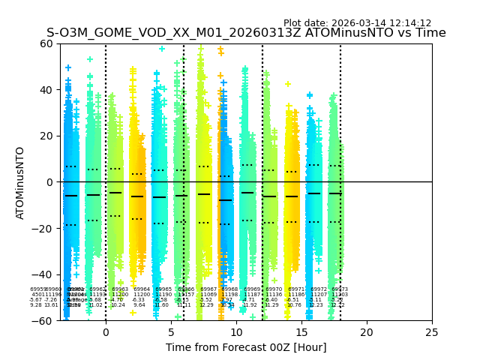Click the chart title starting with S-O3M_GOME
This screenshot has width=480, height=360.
[246, 33]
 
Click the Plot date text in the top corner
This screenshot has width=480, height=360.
[357, 23]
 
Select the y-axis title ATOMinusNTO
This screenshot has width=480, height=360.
[20, 182]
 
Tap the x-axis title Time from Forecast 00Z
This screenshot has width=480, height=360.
[246, 347]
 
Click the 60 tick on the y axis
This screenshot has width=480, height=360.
[47, 43]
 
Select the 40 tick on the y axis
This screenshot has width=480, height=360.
[47, 90]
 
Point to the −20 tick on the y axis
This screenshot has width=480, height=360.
[44, 228]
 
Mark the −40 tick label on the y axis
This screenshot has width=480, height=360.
[44, 274]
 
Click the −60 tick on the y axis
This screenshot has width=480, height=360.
[44, 320]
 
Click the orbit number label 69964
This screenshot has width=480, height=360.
[141, 289]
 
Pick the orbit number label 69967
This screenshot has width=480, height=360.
[208, 289]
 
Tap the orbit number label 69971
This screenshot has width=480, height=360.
[296, 289]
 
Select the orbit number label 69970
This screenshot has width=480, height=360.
[274, 289]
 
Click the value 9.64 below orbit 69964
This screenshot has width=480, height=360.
[139, 305]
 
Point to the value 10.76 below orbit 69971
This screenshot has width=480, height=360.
[294, 305]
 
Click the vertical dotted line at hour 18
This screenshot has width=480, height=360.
[340, 150]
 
